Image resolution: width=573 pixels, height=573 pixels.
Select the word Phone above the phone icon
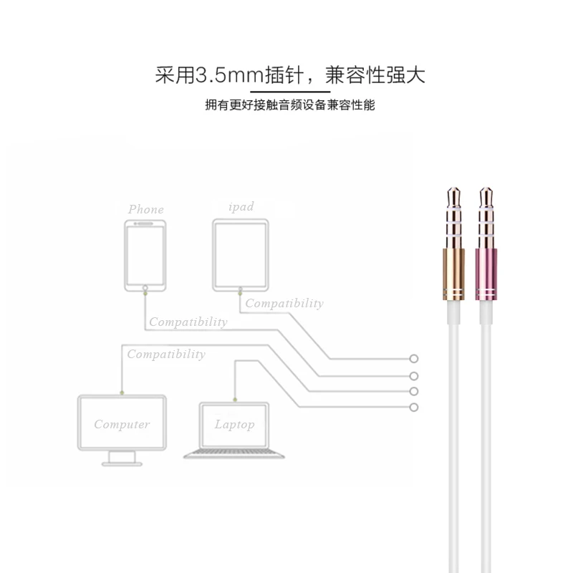coord(146,210)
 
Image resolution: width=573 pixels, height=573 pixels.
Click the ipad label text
coord(241,207)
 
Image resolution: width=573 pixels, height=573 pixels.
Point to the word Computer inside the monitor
coord(122,424)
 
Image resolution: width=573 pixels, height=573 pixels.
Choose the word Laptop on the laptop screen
coord(234,425)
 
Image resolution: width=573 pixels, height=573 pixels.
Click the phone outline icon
coord(145,255)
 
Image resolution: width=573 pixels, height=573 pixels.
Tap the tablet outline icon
coord(240,255)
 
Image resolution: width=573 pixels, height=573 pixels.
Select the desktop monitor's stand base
coord(122,463)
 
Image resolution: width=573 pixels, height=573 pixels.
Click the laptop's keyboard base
coord(234,454)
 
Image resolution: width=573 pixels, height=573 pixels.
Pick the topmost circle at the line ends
coord(413,359)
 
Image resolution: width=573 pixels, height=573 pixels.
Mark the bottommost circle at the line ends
coord(413,408)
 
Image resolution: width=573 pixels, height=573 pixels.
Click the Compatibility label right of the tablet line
coord(284,304)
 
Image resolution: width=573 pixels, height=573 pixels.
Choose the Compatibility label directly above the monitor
coord(166,355)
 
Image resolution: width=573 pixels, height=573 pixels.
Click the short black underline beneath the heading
coord(289,92)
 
